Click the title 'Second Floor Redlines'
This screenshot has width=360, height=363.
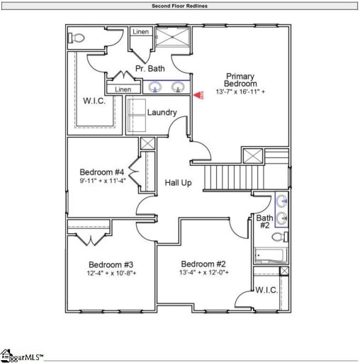pyautogui.click(x=179, y=6)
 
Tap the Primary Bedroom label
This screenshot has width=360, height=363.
pyautogui.click(x=240, y=80)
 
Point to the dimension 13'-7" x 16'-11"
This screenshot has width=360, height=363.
pyautogui.click(x=241, y=92)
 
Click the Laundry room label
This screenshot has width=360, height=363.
pyautogui.click(x=162, y=113)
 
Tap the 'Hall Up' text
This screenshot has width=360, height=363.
pyautogui.click(x=179, y=183)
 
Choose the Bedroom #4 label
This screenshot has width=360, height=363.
pyautogui.click(x=102, y=172)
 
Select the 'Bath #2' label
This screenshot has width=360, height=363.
pyautogui.click(x=264, y=222)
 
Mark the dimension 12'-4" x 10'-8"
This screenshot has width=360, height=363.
pyautogui.click(x=112, y=273)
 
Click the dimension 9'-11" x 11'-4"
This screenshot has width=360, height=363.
pyautogui.click(x=102, y=181)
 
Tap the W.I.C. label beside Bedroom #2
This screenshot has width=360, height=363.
pyautogui.click(x=266, y=289)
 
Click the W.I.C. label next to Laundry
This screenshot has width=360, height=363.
pyautogui.click(x=94, y=101)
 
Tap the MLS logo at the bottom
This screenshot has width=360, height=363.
pyautogui.click(x=21, y=355)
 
